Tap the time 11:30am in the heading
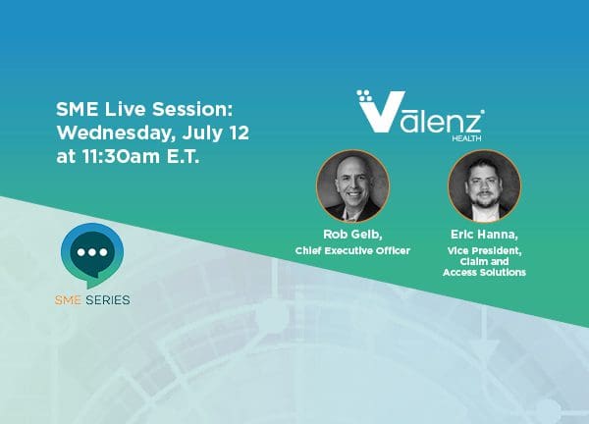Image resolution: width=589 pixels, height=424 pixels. click(x=120, y=156)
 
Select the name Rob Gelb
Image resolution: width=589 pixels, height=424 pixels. click(x=352, y=235)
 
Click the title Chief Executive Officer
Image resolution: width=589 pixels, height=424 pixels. click(x=352, y=250)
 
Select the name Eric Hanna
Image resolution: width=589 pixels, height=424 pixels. click(x=484, y=235)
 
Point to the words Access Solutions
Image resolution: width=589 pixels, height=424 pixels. click(x=484, y=272)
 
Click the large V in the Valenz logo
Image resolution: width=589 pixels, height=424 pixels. click(x=381, y=112)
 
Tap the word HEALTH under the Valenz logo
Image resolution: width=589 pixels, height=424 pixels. click(x=466, y=138)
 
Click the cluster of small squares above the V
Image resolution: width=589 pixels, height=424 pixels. click(x=363, y=95)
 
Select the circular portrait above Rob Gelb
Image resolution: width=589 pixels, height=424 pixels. click(x=352, y=185)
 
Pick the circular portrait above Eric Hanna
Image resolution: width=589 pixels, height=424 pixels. click(x=484, y=185)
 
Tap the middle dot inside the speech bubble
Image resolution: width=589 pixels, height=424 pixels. click(x=92, y=252)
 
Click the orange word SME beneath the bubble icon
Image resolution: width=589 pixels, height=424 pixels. click(x=68, y=299)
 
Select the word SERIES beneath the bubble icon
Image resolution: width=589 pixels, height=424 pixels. click(x=108, y=299)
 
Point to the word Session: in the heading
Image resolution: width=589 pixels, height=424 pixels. click(x=192, y=109)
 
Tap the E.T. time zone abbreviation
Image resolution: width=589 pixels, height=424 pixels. click(x=183, y=156)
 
